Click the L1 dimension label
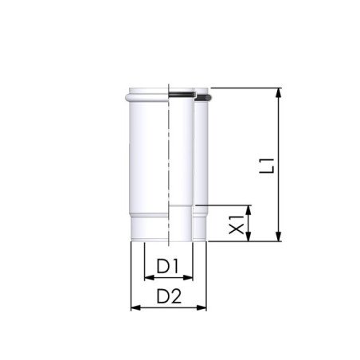(272, 165)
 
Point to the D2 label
(168, 295)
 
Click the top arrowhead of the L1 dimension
(279, 92)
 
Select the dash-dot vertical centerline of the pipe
(169, 159)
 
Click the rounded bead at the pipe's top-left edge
(129, 98)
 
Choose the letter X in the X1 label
(237, 229)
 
